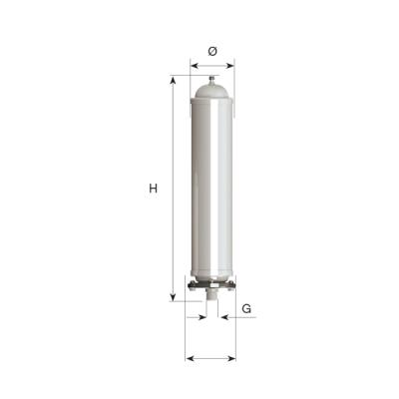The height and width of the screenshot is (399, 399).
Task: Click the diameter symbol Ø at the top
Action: (211, 51)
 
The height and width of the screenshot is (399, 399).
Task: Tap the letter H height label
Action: (153, 189)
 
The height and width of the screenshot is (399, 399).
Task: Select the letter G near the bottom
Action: (246, 309)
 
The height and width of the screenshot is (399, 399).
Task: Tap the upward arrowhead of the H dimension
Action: (176, 82)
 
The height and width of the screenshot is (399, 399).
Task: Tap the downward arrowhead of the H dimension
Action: (176, 295)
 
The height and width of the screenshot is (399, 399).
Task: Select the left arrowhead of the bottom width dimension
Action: (191, 358)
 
